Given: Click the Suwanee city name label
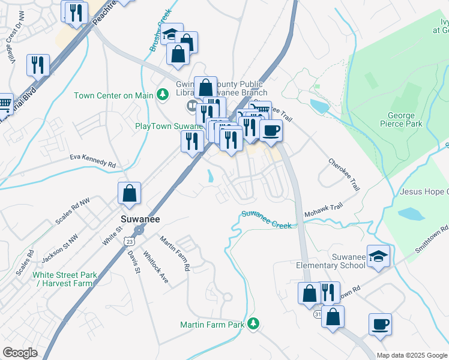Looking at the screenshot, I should (x=139, y=219).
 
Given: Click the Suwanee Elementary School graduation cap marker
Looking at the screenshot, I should (x=379, y=256).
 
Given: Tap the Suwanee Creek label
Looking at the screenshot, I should (x=267, y=219).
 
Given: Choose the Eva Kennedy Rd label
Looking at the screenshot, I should (x=92, y=160).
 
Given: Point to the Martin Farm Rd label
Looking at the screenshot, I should (x=175, y=252).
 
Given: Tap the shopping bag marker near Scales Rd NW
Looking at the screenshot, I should (x=129, y=193).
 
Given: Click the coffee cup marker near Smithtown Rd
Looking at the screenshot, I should (x=380, y=325).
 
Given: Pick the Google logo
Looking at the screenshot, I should (x=20, y=353).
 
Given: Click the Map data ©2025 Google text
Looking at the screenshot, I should (x=411, y=355).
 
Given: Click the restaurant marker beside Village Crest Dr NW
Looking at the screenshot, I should (x=38, y=65).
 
